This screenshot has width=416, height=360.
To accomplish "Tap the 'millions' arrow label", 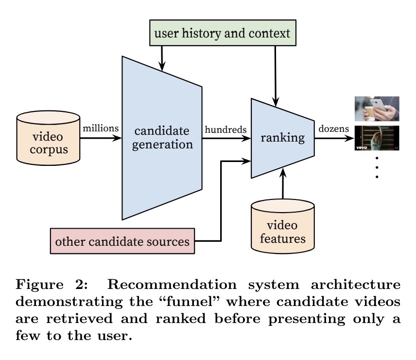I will (x=101, y=128).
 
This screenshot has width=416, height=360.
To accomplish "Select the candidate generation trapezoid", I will (x=161, y=138).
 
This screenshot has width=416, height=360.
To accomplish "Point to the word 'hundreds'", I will (x=225, y=129).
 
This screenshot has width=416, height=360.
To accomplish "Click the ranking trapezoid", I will (x=282, y=138).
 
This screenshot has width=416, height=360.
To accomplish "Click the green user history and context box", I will (x=222, y=34).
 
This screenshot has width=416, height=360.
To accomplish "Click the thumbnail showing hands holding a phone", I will (x=377, y=108).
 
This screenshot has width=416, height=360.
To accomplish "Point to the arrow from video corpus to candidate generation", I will (x=100, y=138).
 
